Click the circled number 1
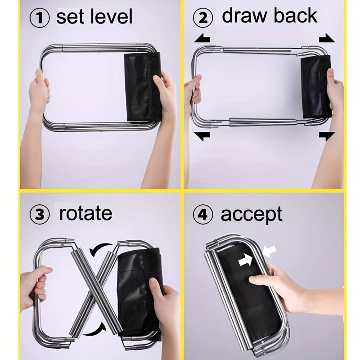(x=40, y=18)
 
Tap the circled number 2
(x=203, y=18)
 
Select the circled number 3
(x=40, y=215)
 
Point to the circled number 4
(x=203, y=215)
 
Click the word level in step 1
(x=111, y=17)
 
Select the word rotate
(x=85, y=213)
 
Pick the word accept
(x=252, y=215)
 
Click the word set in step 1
(x=70, y=18)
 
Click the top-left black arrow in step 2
(x=202, y=38)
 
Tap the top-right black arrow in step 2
(x=327, y=38)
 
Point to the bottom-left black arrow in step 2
(x=202, y=136)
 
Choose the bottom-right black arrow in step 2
(x=327, y=136)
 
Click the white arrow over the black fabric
(x=245, y=261)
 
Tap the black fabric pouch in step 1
(x=142, y=87)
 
